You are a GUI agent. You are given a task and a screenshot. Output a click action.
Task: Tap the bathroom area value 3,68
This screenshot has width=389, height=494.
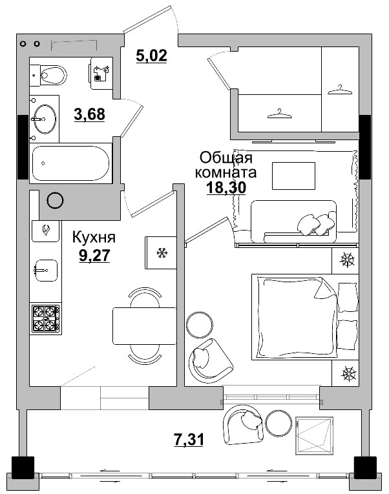coord(89,114)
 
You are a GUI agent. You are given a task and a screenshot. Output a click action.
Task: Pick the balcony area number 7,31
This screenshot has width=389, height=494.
coord(189,440)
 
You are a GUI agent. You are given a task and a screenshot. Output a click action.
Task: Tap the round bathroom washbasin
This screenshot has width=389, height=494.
coord(43,119)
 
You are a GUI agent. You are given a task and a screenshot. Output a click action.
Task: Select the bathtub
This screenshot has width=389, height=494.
coord(71,163)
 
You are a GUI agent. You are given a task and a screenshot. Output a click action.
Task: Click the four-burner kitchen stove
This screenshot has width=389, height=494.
coord(45,318)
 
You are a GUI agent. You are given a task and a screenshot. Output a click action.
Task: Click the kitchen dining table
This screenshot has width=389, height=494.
coord(144,327)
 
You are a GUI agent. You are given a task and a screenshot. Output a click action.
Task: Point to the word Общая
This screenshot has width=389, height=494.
coord(226,158)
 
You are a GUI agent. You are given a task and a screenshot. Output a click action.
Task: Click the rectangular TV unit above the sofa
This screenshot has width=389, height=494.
coord(293,175)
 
